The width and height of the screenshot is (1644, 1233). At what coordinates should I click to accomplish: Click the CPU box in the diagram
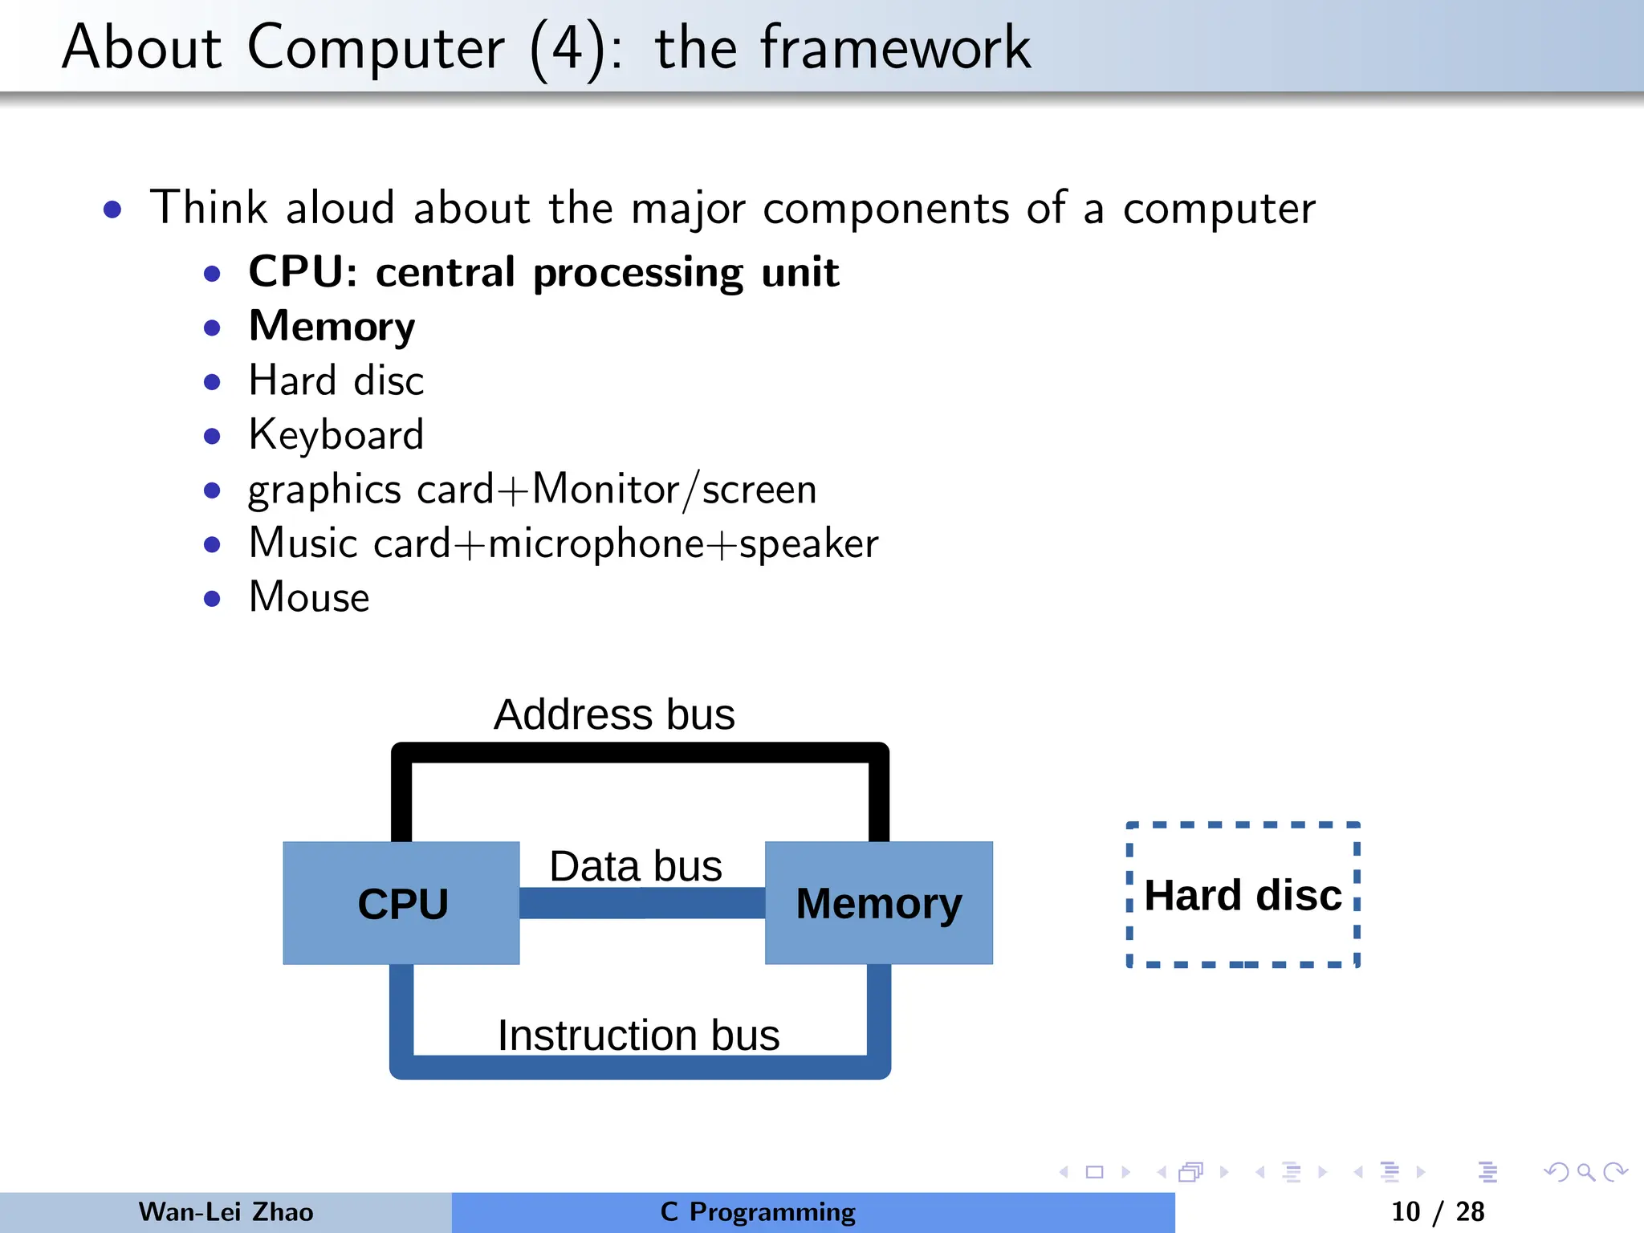click(401, 903)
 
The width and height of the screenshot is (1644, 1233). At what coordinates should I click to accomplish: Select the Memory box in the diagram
click(879, 903)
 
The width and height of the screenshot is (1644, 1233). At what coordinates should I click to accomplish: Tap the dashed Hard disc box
click(1243, 895)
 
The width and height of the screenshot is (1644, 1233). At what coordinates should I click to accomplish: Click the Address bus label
click(614, 714)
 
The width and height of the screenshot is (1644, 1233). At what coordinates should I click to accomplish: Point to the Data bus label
click(636, 865)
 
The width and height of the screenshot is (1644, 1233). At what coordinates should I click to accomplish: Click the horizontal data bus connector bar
click(642, 903)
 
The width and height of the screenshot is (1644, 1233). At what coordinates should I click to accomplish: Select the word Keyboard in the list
click(336, 434)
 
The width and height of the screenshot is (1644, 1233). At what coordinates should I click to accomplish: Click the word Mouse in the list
click(309, 597)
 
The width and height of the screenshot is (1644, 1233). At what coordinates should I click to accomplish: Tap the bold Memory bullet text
click(332, 326)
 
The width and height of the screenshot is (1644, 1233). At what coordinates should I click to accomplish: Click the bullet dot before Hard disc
click(212, 381)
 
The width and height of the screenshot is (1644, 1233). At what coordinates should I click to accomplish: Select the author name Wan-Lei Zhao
click(226, 1211)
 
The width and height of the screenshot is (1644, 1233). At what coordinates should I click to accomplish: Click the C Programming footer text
click(758, 1211)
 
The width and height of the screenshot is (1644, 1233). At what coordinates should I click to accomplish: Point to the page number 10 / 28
click(1437, 1211)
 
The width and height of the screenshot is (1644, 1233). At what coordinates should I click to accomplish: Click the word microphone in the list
click(596, 543)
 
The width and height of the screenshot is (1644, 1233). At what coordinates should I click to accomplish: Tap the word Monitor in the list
click(606, 489)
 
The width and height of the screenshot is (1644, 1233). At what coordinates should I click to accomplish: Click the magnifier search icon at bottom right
click(1585, 1172)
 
